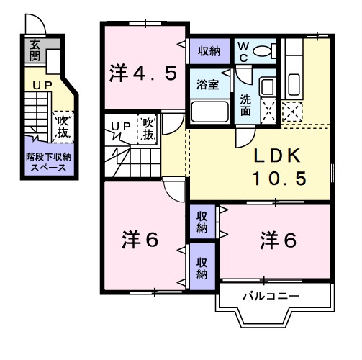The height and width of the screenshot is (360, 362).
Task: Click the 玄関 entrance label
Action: (x=34, y=50)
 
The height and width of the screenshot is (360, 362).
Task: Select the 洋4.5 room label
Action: (x=143, y=73)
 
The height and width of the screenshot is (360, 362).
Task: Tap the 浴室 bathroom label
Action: (x=208, y=84)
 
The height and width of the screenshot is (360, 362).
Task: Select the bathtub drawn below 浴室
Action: (x=209, y=112)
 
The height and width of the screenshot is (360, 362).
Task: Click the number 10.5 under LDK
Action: (x=281, y=177)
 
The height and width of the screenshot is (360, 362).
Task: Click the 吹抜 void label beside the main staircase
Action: (x=148, y=129)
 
